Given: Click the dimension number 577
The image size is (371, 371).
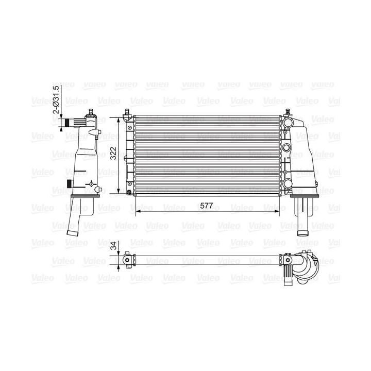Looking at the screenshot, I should [207, 205].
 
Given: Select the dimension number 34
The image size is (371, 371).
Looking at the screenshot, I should [113, 247].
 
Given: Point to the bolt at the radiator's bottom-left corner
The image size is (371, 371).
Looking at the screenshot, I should [128, 193].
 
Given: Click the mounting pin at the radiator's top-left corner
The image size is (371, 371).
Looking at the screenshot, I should [127, 112].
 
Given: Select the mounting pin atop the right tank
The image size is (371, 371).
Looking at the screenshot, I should [288, 112].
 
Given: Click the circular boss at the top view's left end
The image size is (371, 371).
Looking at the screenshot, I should [127, 261].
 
